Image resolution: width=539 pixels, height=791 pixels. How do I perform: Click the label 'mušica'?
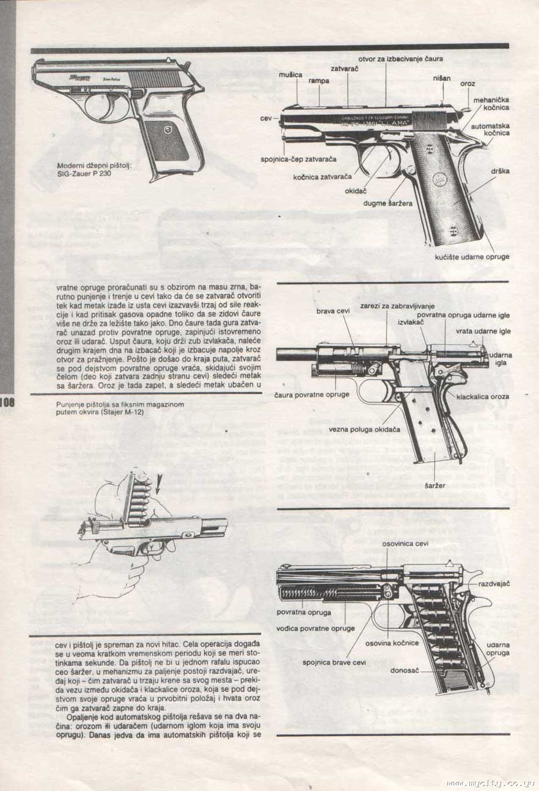tap(290, 74)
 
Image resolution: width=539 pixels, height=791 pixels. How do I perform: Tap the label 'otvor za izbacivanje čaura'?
tap(400, 59)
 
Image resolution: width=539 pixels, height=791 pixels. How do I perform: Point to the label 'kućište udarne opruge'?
tap(472, 257)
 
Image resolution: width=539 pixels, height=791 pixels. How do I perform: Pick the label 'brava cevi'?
tap(333, 311)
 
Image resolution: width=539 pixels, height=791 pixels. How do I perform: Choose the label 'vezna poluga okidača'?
tap(364, 430)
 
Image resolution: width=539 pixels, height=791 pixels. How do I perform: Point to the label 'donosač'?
tap(405, 670)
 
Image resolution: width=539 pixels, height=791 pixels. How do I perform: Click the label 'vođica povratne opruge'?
tap(315, 628)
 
